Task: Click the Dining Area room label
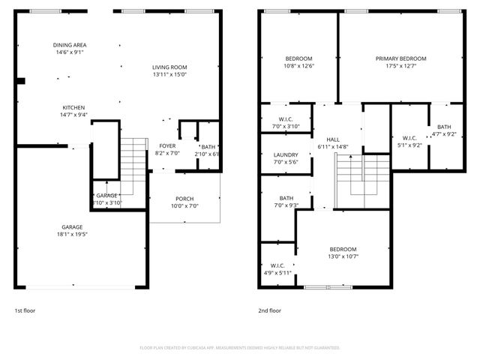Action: (69, 45)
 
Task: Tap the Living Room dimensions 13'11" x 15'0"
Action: (169, 74)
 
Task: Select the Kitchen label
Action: (73, 107)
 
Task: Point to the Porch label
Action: (184, 198)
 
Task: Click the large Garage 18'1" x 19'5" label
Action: (72, 226)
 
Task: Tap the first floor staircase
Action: (132, 161)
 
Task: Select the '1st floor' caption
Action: (25, 310)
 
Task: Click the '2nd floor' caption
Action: (270, 310)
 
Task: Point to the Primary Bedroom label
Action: (400, 58)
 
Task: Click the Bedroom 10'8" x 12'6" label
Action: (298, 58)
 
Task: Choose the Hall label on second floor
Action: (334, 139)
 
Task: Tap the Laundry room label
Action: (286, 154)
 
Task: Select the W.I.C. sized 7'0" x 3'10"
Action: (286, 122)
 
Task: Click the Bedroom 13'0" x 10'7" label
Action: (343, 249)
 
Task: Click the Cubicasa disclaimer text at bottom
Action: (240, 348)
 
